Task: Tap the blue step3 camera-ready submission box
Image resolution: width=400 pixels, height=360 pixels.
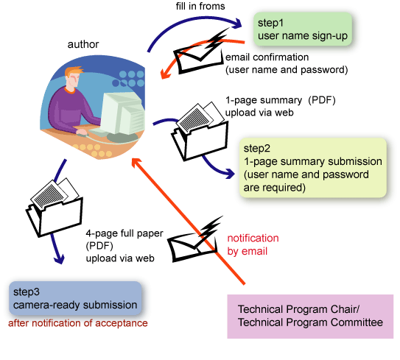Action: [x=76, y=298]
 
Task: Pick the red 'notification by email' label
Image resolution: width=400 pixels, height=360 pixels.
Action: [x=253, y=244]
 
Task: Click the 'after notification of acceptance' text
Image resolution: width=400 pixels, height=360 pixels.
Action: [x=77, y=323]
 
